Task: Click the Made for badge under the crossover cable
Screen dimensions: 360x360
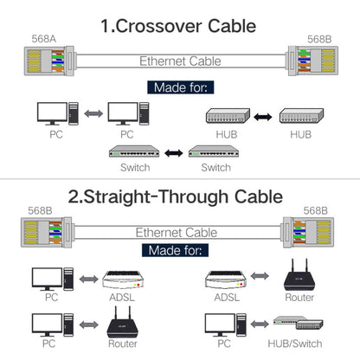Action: [180, 87]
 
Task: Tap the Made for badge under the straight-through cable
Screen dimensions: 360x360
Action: [180, 250]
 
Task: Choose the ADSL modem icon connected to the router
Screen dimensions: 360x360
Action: [228, 279]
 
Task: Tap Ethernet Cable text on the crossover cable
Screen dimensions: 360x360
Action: [180, 61]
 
